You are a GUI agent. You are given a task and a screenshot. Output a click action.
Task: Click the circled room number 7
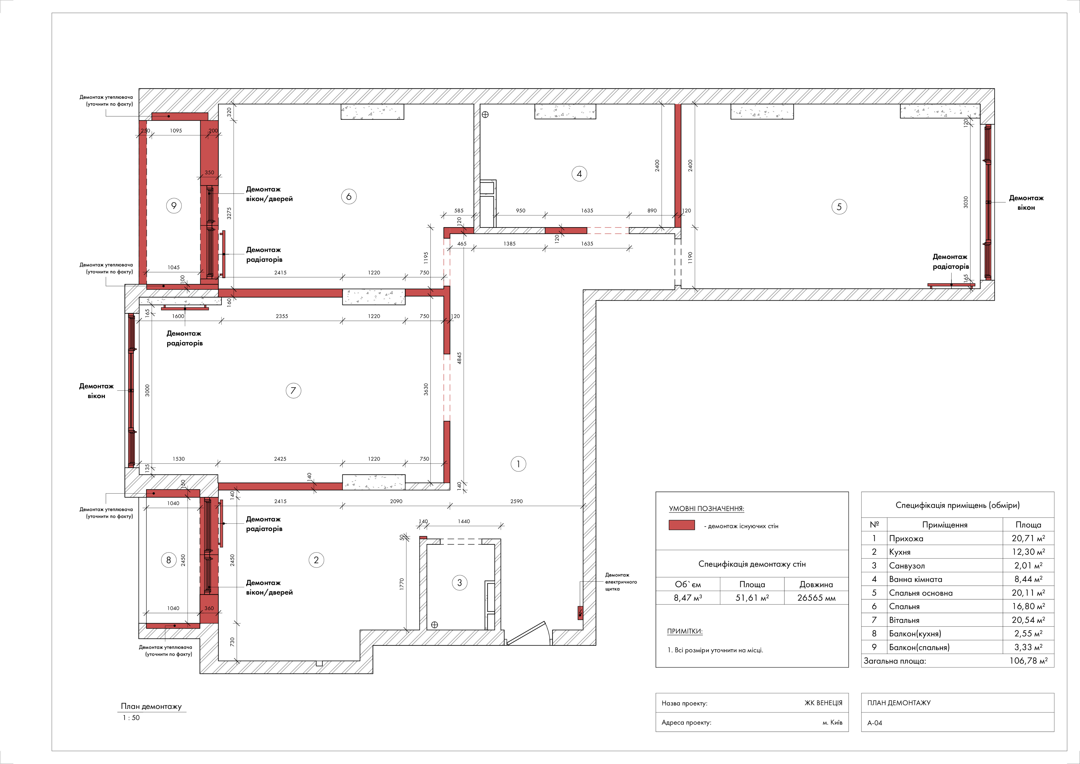tap(293, 390)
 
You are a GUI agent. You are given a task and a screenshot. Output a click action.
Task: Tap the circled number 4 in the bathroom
tap(579, 174)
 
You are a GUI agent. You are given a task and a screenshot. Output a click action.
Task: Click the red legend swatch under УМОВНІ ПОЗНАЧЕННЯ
tap(682, 525)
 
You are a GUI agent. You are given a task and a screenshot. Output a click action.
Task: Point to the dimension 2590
tap(517, 501)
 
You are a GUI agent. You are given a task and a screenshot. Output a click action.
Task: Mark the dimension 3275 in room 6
tap(229, 213)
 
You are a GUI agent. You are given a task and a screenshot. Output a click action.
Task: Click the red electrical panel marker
tap(580, 612)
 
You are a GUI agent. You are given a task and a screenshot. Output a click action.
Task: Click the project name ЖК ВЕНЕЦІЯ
tap(823, 703)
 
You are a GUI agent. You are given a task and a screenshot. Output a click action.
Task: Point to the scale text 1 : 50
tap(131, 717)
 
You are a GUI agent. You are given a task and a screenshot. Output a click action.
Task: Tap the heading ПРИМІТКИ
tap(684, 631)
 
